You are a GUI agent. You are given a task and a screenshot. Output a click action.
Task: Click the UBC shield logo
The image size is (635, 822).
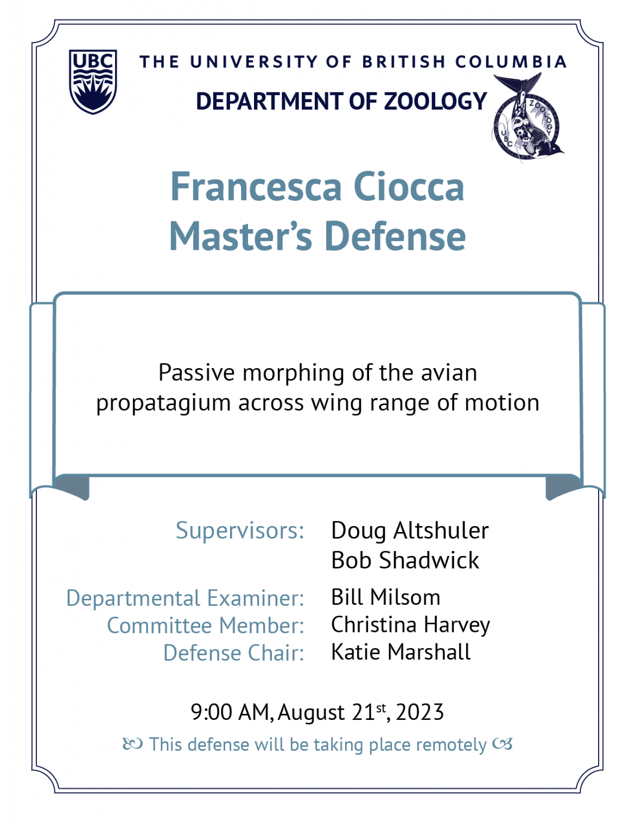93,81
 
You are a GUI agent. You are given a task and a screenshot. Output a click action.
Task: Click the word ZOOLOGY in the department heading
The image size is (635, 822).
435,102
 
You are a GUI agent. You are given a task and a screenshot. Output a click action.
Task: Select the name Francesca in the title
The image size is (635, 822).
256,187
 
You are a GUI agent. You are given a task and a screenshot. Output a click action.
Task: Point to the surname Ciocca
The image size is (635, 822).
409,187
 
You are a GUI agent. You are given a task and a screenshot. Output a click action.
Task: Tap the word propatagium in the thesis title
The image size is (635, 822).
163,403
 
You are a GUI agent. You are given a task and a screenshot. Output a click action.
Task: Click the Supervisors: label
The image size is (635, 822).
240,530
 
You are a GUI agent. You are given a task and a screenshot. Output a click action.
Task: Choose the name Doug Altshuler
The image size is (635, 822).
410,530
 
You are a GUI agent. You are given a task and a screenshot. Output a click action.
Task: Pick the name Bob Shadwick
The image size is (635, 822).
405,560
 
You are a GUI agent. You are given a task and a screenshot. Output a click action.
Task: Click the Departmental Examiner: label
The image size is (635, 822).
185,598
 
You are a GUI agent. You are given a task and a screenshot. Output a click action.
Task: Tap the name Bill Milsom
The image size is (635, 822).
385,597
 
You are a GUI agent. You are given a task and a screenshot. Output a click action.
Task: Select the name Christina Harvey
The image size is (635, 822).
410,625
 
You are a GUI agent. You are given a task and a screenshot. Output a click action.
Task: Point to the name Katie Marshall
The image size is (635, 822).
401,652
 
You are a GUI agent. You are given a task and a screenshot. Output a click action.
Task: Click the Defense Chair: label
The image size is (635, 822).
234,653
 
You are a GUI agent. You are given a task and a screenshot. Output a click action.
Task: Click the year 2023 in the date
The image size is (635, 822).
420,713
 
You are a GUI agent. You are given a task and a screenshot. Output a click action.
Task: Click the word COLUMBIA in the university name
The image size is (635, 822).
511,62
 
